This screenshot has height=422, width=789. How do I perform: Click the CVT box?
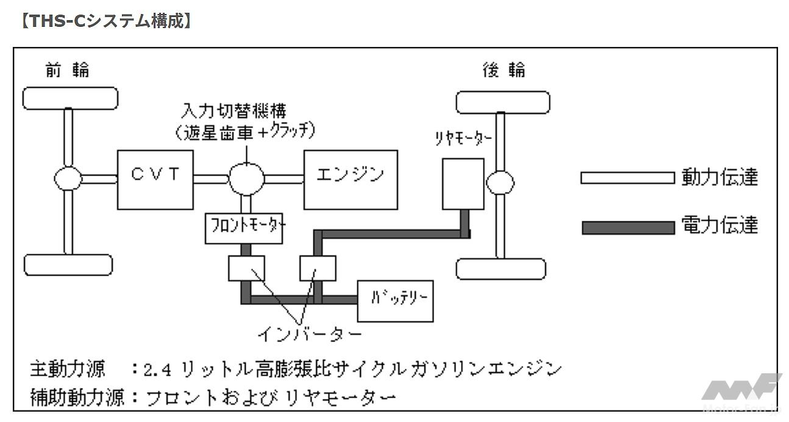click(155, 179)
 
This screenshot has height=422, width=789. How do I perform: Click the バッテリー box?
click(394, 301)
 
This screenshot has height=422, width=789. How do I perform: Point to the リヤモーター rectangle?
click(462, 184)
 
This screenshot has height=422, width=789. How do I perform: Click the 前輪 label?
click(67, 71)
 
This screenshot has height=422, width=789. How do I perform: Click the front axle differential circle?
click(68, 179)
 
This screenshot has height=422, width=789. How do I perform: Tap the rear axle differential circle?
click(500, 182)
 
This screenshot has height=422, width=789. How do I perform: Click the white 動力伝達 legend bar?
click(627, 178)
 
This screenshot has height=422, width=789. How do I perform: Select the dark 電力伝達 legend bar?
click(627, 227)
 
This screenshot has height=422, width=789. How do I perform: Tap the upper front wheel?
click(70, 98)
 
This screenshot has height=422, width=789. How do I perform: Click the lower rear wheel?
click(501, 268)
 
